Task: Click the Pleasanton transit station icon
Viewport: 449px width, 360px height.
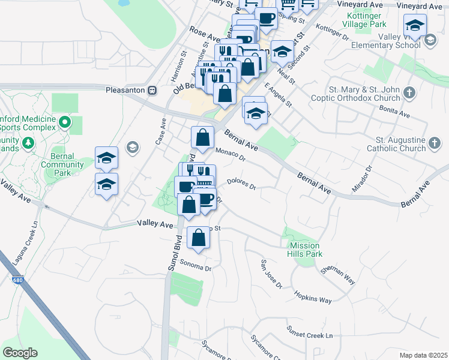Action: [x=152, y=90]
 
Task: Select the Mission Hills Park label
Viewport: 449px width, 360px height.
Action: [x=306, y=250]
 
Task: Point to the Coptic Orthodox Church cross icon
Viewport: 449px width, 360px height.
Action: [x=409, y=93]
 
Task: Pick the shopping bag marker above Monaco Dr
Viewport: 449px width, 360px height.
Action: [x=203, y=137]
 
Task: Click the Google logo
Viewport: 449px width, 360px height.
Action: [x=20, y=353]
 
